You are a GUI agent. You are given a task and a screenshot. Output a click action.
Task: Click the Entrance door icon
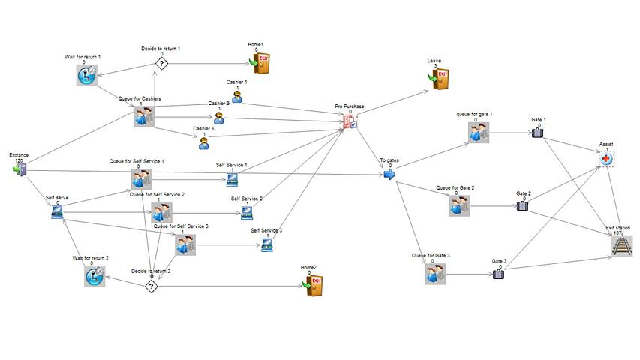(20, 170)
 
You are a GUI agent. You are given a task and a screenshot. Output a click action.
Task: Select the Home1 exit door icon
(260, 63)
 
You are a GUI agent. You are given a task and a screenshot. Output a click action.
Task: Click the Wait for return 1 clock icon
(88, 74)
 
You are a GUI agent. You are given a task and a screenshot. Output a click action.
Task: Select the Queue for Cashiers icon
(143, 115)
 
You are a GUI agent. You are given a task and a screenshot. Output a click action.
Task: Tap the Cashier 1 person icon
(236, 95)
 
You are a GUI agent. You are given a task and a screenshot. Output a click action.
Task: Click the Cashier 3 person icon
(203, 143)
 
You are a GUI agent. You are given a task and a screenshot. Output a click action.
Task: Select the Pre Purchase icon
(350, 122)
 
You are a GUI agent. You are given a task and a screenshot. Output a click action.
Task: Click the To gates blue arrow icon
(389, 174)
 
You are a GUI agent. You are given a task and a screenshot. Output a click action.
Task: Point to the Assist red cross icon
(607, 158)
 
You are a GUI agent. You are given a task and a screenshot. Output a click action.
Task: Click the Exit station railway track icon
(622, 246)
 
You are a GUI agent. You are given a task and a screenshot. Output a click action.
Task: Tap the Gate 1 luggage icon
(537, 133)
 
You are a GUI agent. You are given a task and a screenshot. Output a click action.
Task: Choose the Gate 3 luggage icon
(497, 274)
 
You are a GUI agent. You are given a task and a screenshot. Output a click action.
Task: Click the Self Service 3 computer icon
(266, 244)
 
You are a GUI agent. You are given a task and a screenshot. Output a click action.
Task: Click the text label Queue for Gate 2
(455, 187)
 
